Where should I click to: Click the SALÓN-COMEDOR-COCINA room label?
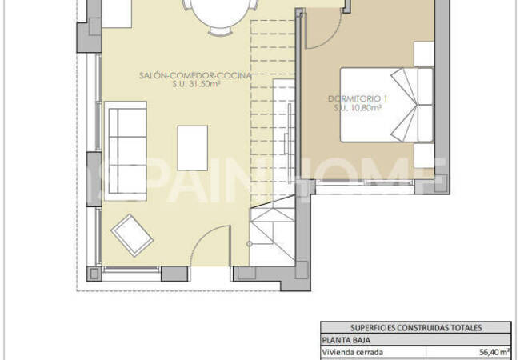point(195,75)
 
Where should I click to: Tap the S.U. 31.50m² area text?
point(197,84)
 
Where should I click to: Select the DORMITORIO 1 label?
point(358,98)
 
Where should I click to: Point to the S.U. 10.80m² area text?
point(358,107)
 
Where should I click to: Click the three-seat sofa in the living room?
point(126,151)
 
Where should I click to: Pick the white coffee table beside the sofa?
point(193,148)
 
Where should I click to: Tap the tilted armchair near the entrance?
point(132,235)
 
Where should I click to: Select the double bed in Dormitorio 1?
point(387,105)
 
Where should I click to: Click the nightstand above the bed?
point(424,54)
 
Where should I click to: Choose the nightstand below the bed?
point(424,155)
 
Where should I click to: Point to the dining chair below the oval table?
point(221,31)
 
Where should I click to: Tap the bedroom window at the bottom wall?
point(365,182)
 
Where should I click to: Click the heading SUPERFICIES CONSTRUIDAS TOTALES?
point(416,328)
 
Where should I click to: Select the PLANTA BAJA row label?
point(346,340)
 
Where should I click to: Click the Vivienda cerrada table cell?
point(353,352)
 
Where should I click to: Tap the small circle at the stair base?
point(250,244)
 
